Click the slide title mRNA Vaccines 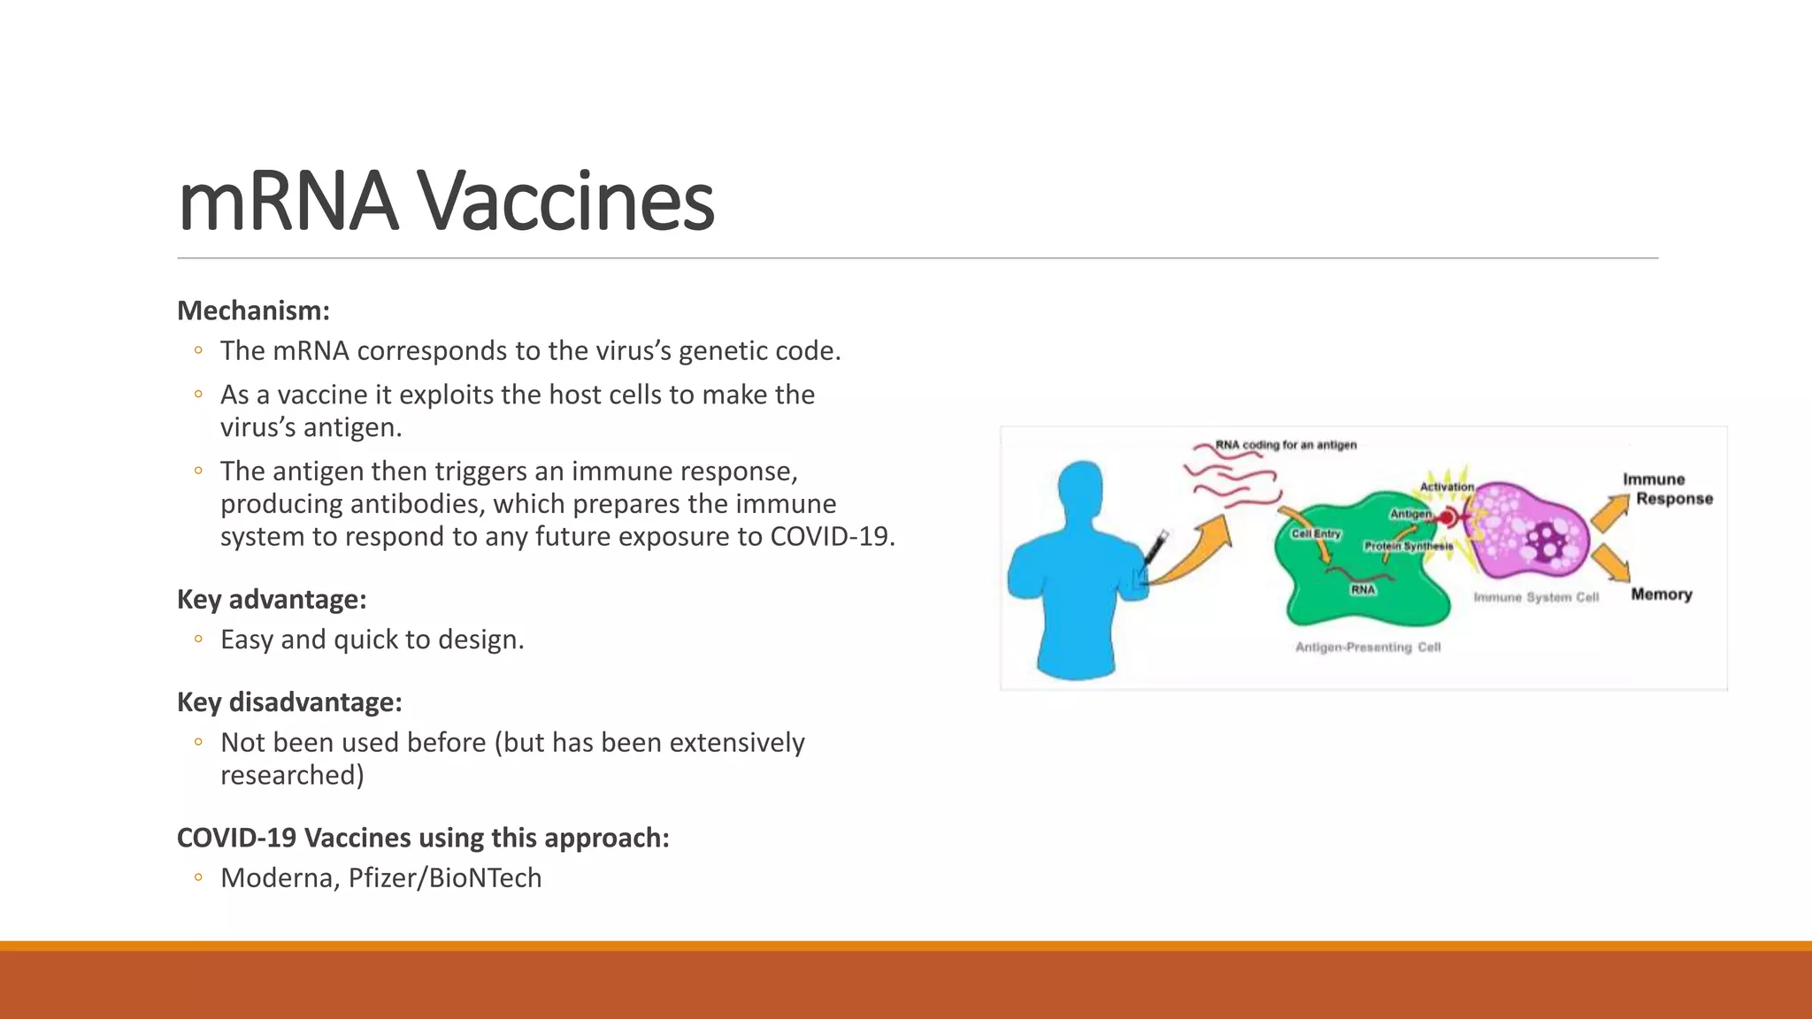click(446, 202)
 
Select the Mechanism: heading click(253, 311)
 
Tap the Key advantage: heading click(272, 600)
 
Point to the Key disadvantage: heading click(289, 702)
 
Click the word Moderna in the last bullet click(277, 877)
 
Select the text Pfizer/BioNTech click(445, 877)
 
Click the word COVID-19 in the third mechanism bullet click(831, 537)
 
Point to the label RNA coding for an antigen click(1285, 445)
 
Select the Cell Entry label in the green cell click(1316, 533)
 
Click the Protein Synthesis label click(1408, 546)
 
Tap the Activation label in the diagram click(1447, 487)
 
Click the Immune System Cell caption click(1536, 597)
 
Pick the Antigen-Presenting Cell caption click(1368, 647)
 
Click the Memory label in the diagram click(1662, 594)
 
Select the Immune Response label click(1667, 489)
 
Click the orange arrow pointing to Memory click(1611, 563)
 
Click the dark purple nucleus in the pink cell click(1547, 540)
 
